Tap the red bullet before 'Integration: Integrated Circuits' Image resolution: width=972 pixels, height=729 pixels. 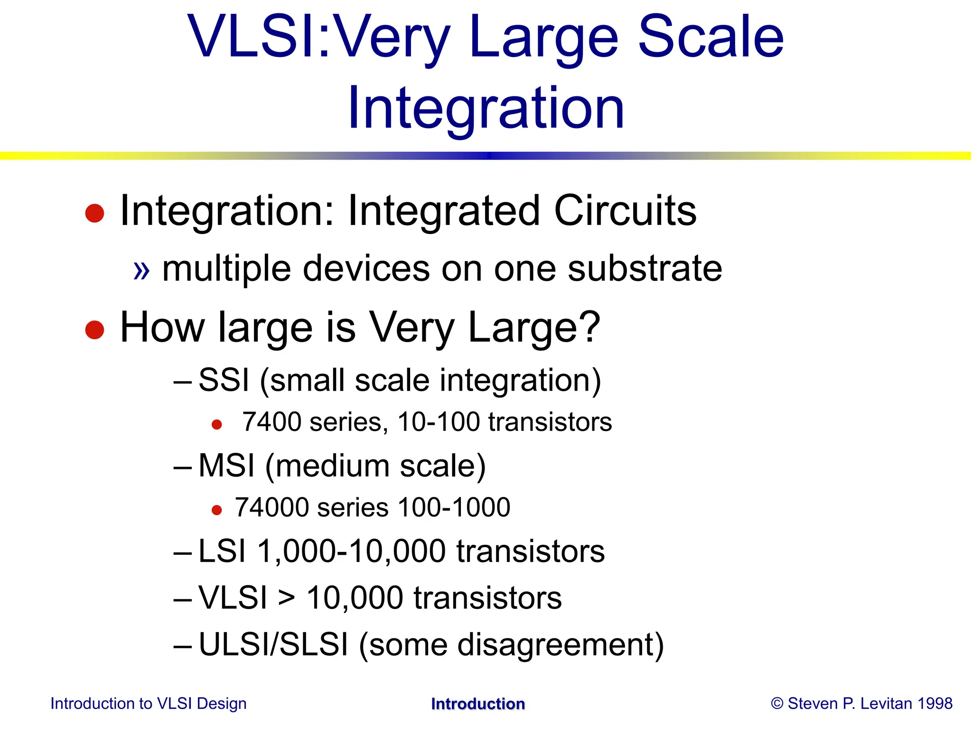[94, 213]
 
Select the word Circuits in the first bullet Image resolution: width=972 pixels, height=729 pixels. [625, 211]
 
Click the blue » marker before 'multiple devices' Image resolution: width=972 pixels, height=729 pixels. [141, 271]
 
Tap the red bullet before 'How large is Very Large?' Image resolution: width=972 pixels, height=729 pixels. [94, 330]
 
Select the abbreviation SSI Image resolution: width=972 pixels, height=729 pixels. [224, 380]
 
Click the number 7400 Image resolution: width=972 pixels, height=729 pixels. [271, 422]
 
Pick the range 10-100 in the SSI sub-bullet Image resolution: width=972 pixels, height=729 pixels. [439, 422]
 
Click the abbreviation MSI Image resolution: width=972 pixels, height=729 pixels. [226, 466]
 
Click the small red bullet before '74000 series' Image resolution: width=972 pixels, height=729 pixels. [216, 510]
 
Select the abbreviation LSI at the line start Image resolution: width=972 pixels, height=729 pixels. [222, 551]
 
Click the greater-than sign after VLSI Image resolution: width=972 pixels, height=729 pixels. [287, 598]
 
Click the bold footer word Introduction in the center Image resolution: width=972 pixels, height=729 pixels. [478, 704]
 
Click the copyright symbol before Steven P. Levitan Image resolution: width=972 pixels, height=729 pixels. [777, 703]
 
